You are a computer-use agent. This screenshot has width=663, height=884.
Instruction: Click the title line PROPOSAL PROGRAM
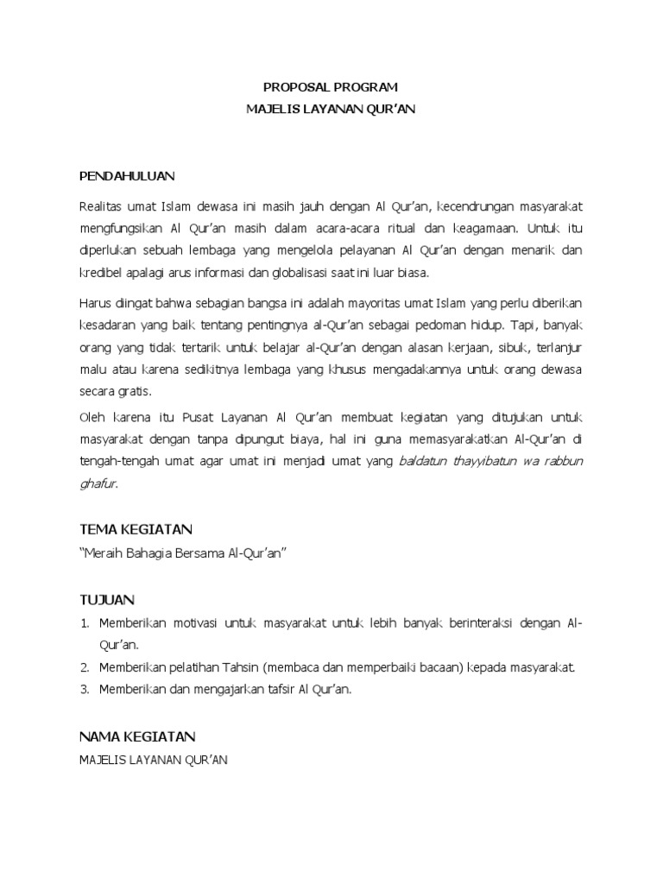pos(331,87)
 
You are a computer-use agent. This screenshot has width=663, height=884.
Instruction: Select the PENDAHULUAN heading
pos(127,176)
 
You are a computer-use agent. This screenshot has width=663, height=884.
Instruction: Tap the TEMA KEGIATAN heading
pos(136,528)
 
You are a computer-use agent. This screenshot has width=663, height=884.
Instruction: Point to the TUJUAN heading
pos(107,599)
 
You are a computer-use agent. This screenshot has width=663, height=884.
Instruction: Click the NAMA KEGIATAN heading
pos(137,736)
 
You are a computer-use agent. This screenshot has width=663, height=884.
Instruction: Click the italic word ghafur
pos(97,483)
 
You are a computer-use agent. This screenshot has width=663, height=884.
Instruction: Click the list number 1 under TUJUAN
pos(85,622)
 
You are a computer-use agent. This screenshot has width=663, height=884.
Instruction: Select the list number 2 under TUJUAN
pos(85,667)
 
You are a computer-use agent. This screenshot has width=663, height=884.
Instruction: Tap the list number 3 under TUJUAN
pos(85,690)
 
